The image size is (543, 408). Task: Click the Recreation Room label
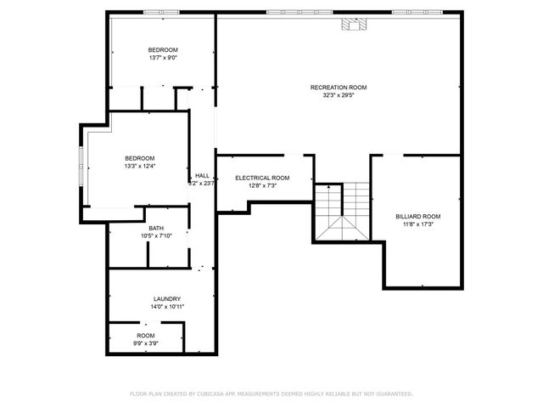[339, 88]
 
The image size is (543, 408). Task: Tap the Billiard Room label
[418, 217]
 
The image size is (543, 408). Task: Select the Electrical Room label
[262, 178]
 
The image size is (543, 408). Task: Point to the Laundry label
[166, 298]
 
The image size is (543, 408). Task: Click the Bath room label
[156, 228]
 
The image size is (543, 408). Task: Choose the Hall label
[202, 175]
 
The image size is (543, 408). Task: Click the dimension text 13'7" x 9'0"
[163, 59]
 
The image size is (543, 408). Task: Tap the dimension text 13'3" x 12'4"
[140, 166]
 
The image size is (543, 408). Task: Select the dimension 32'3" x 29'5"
[339, 95]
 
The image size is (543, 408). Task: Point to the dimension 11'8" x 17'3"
[418, 224]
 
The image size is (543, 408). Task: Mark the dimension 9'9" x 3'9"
[146, 343]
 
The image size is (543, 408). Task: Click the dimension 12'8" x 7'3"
[262, 185]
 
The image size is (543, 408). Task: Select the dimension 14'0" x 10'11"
[166, 306]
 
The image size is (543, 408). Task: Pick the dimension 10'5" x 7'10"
[156, 235]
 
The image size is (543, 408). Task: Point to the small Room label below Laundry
[146, 336]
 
